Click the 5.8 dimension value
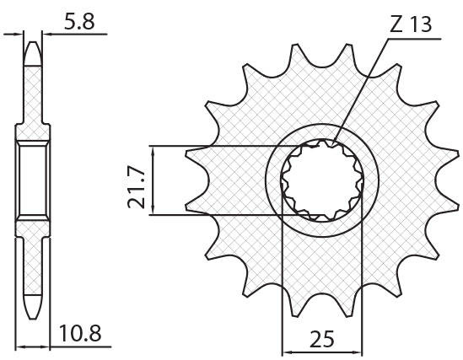click(x=79, y=22)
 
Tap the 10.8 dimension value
click(x=80, y=333)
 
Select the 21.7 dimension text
click(x=137, y=188)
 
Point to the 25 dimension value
click(x=322, y=339)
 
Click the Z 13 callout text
click(x=411, y=24)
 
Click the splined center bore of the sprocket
click(x=322, y=180)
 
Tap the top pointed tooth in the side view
click(x=33, y=53)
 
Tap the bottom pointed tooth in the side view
click(x=33, y=307)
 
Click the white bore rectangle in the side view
click(x=33, y=180)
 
